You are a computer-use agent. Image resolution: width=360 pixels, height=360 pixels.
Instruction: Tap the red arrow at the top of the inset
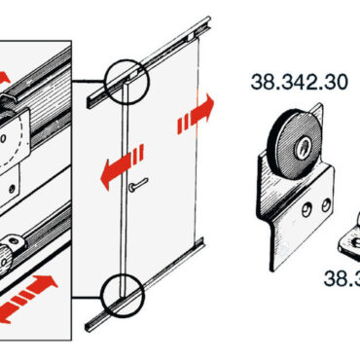click(x=5, y=78)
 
